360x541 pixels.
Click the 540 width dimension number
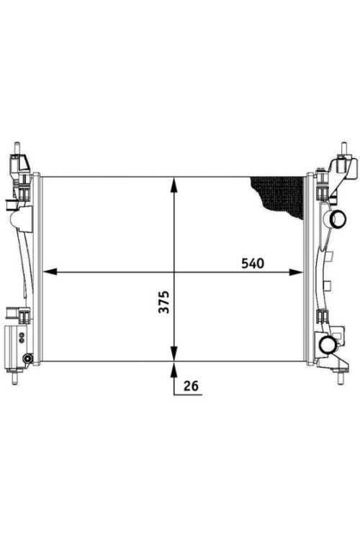[253, 263]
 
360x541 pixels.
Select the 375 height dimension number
[164, 302]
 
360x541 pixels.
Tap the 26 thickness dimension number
[191, 386]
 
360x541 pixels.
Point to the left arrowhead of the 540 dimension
[50, 272]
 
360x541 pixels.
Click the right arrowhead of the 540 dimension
[296, 272]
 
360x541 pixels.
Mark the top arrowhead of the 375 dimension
[174, 185]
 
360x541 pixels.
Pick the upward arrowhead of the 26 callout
[174, 369]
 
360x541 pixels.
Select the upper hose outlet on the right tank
[337, 219]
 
